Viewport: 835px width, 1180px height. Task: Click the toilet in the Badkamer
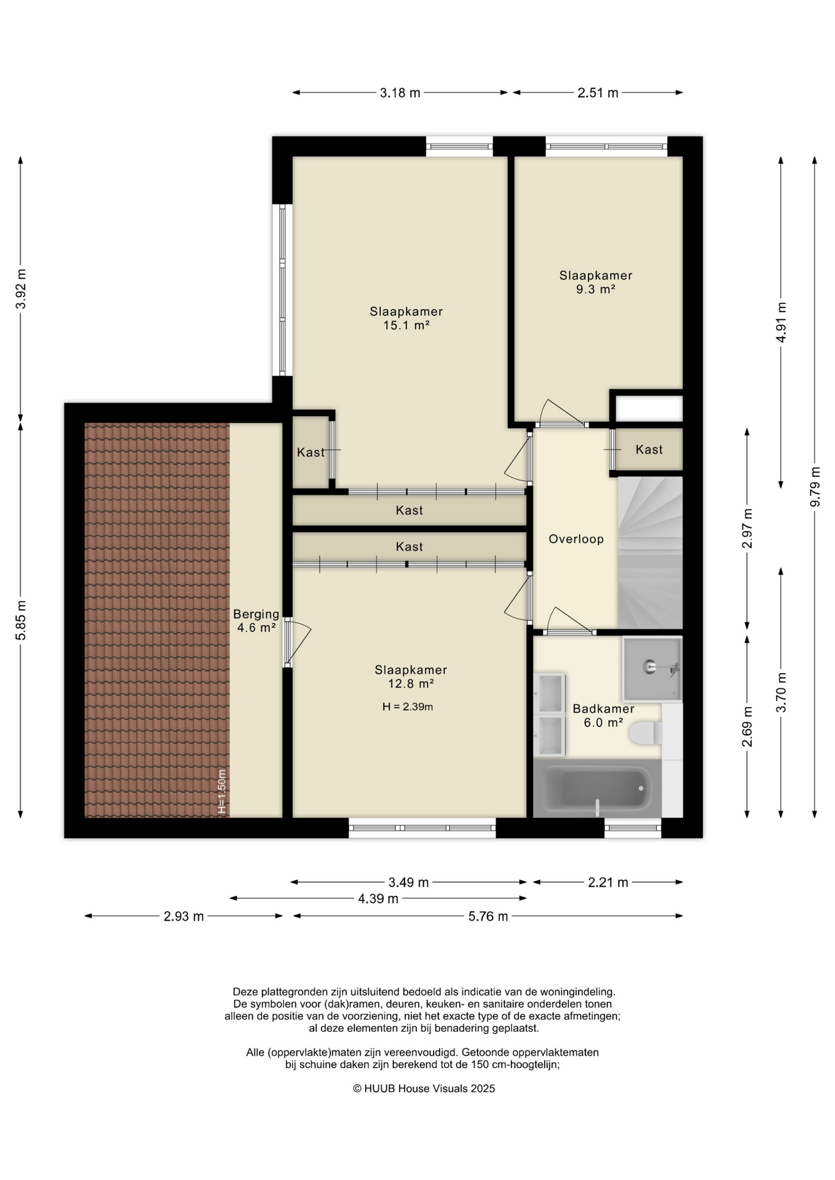click(646, 733)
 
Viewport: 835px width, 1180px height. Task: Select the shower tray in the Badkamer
click(652, 669)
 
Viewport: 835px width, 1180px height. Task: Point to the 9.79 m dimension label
click(815, 487)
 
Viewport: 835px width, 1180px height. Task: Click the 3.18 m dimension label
click(400, 93)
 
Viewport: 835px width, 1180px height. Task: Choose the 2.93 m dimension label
click(183, 916)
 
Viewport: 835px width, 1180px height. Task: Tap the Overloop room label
click(576, 539)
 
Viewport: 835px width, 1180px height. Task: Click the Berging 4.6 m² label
click(256, 621)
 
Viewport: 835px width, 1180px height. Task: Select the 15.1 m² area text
click(406, 325)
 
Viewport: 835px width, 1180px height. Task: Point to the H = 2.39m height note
click(408, 707)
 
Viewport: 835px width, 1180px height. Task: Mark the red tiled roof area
click(157, 620)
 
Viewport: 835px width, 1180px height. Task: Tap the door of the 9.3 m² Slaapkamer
click(561, 412)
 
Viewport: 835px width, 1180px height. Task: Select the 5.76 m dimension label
click(488, 916)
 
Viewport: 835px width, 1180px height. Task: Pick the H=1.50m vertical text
click(223, 792)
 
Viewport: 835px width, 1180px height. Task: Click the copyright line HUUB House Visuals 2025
click(424, 1088)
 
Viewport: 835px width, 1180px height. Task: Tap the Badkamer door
click(570, 621)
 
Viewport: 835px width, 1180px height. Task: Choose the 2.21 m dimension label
click(608, 883)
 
